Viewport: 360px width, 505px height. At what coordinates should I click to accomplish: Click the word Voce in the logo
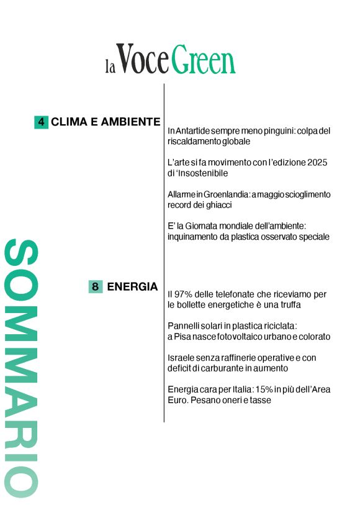[x=142, y=60]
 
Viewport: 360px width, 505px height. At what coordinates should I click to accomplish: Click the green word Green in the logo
[x=204, y=60]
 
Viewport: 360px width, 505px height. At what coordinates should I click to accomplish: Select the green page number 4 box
[x=41, y=122]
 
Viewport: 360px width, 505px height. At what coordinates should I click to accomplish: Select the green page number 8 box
[x=96, y=286]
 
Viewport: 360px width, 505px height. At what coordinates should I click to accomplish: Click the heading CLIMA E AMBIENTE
[x=106, y=122]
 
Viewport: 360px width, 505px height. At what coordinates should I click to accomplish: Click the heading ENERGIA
[x=132, y=286]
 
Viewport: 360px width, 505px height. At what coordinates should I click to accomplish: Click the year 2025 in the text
[x=316, y=163]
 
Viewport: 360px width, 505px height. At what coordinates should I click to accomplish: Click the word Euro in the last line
[x=178, y=400]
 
